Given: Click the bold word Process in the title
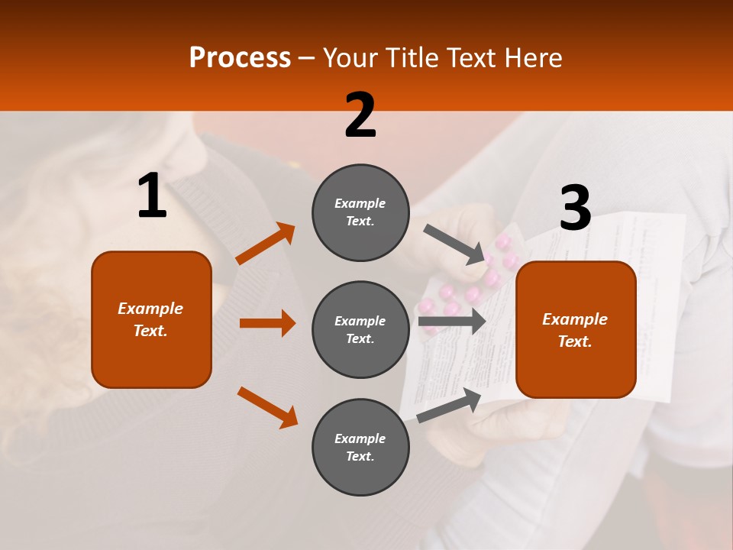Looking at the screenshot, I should pos(240,57).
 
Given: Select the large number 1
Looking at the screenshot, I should pos(152,196).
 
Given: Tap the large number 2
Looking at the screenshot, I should pos(360,115).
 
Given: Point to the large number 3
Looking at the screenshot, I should pos(575,209).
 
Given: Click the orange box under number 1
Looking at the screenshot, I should pos(151,319).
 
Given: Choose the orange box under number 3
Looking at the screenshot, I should pos(576,329).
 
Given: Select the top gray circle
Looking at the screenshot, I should pos(360,212).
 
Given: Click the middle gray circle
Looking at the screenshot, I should pos(360,330).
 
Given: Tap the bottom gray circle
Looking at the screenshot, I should pos(360,448).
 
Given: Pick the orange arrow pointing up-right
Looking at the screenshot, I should pos(266,244).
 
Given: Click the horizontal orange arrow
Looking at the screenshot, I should pos(267,323).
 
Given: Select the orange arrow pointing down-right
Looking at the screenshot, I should pos(267,407).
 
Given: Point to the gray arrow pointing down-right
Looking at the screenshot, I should pos(454,244).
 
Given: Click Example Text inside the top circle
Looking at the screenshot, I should pos(360,212).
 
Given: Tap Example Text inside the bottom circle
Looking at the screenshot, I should pos(360,448).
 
